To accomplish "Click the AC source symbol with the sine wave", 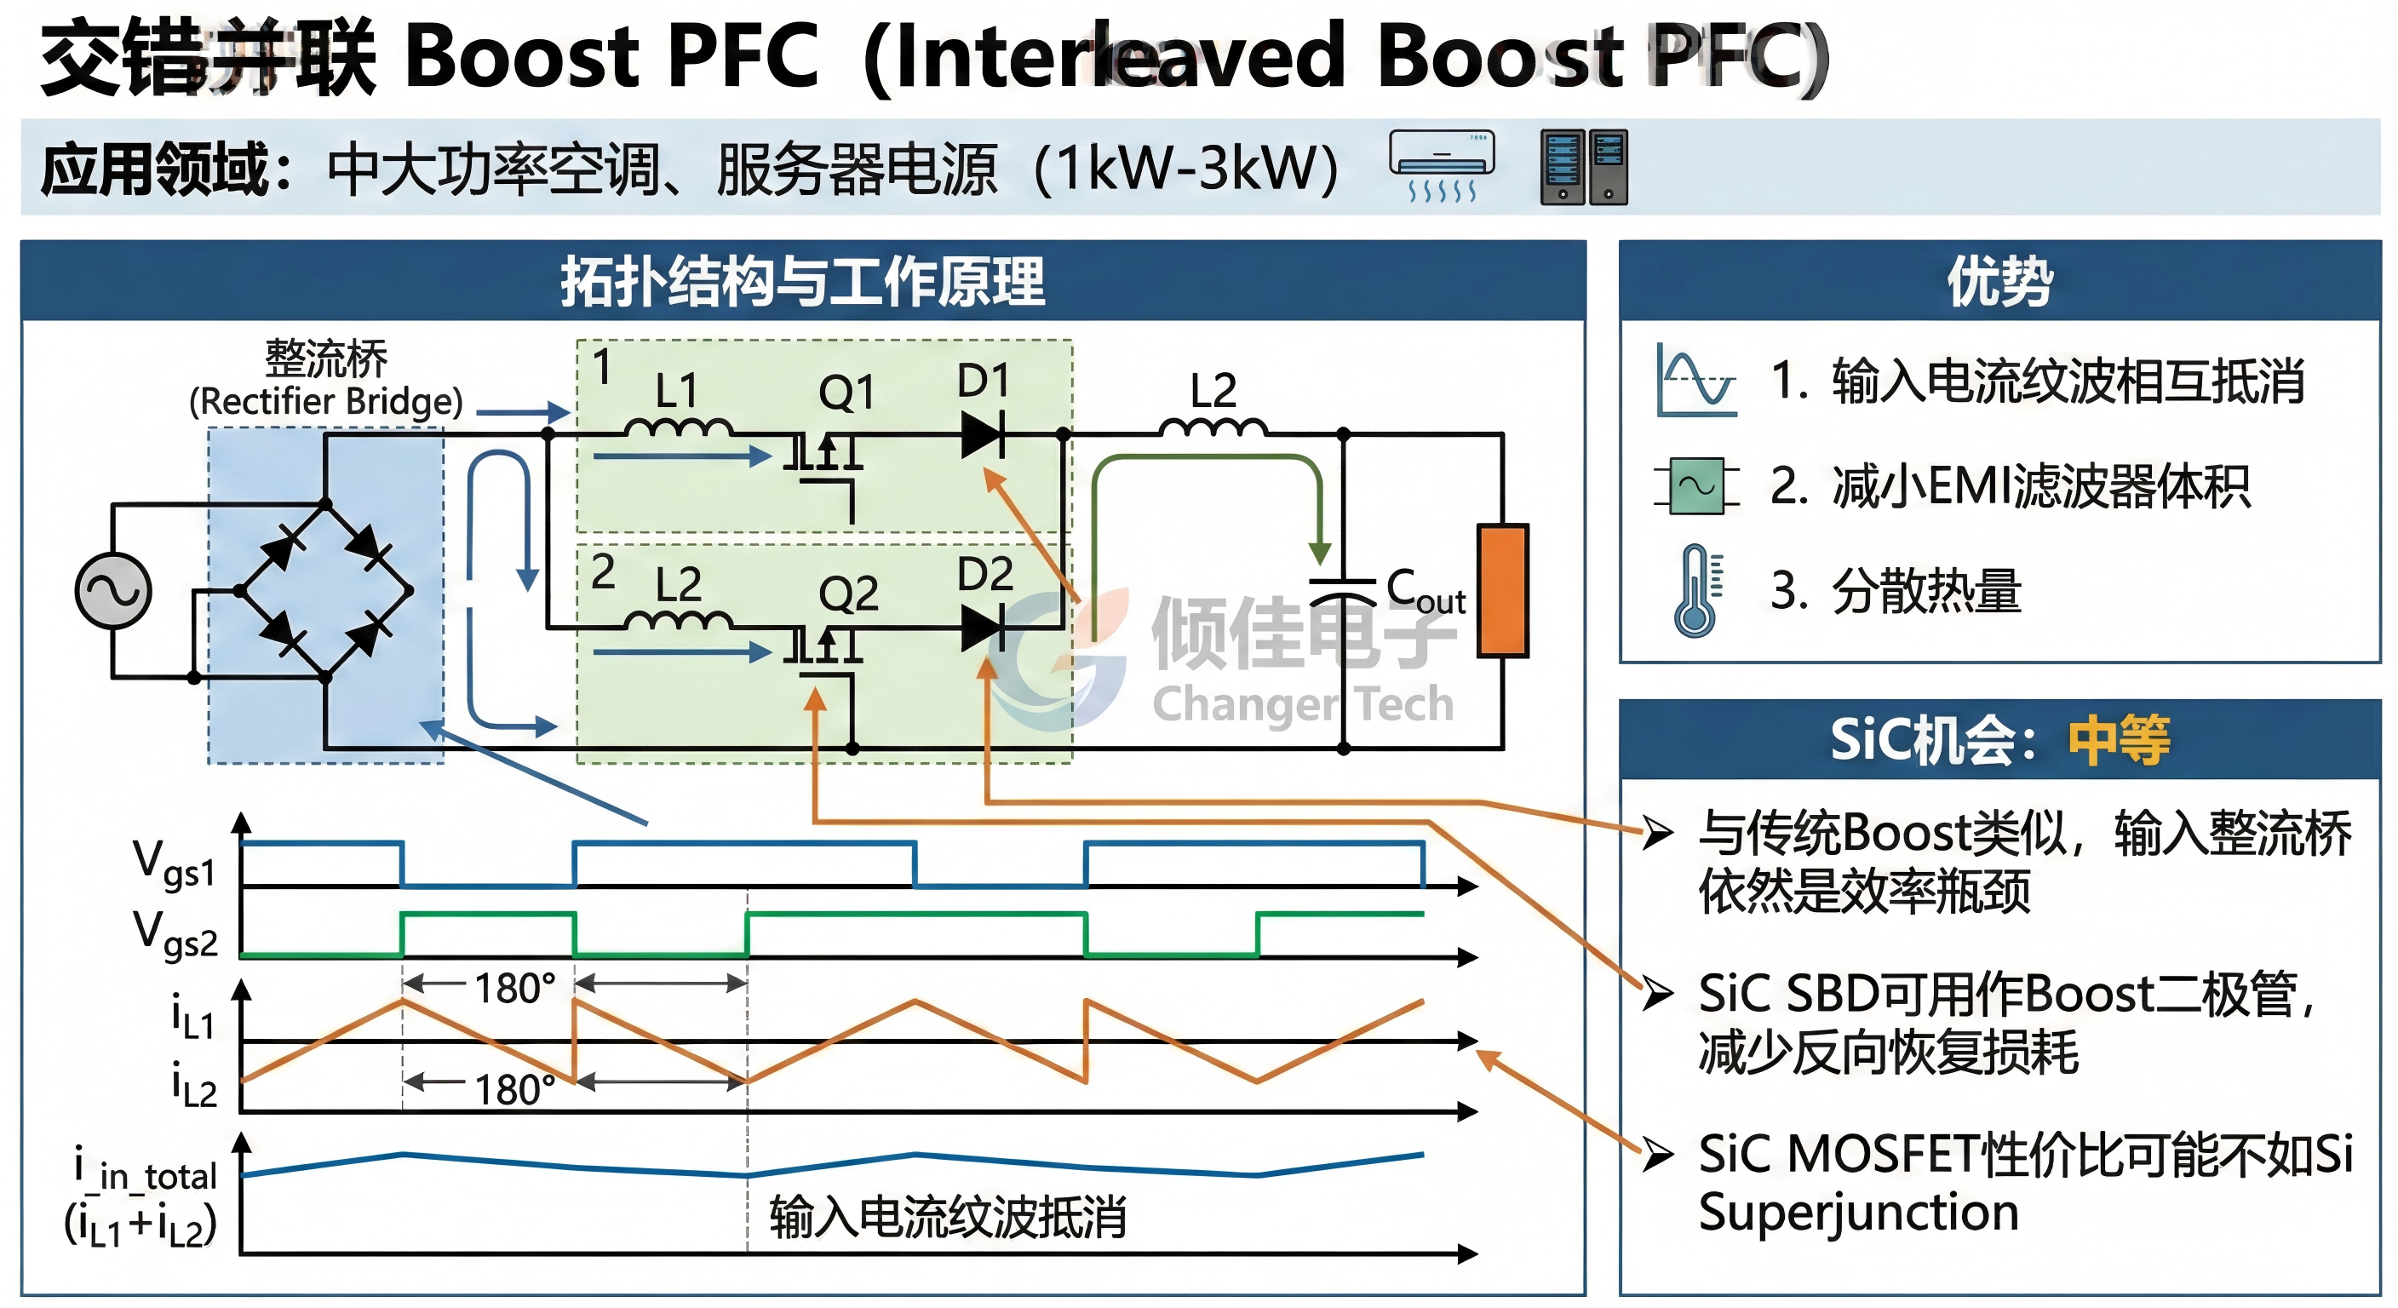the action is tap(112, 590).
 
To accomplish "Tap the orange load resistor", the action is tap(1502, 590).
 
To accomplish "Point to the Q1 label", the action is tap(846, 392).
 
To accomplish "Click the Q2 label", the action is tap(848, 593).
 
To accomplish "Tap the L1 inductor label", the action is tap(676, 390).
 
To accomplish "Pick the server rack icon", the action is tap(1583, 167).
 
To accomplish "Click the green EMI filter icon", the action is tap(1696, 485).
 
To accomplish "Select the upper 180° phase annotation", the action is tap(515, 988).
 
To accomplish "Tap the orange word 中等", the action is tap(2119, 740).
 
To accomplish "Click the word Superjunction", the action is tap(1858, 1212).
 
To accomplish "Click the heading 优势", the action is tap(1999, 281).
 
